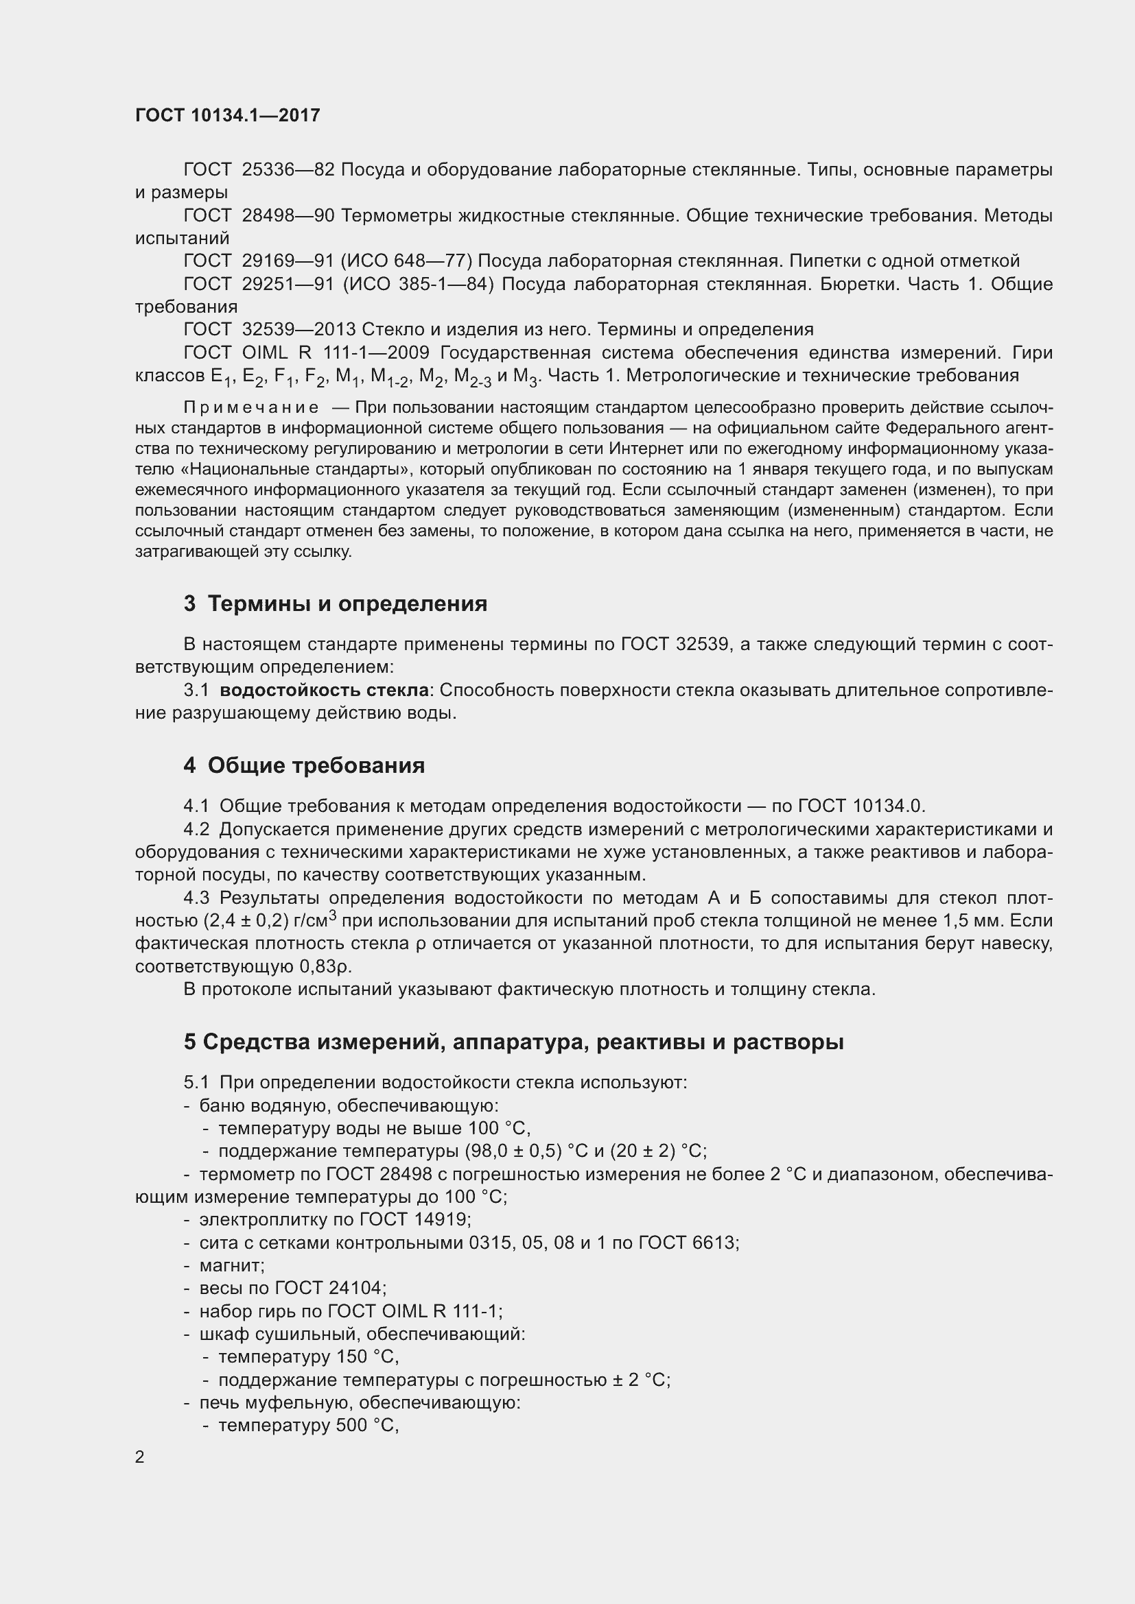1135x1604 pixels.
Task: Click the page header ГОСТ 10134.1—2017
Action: (x=228, y=115)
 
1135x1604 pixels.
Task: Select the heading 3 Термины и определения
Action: (x=336, y=603)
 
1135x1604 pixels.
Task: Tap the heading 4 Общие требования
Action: (x=304, y=766)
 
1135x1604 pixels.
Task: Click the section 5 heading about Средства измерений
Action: (x=514, y=1042)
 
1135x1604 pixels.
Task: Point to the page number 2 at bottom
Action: (x=140, y=1457)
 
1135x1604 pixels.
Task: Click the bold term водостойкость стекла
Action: (x=325, y=691)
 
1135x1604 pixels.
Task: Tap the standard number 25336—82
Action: (x=288, y=170)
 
